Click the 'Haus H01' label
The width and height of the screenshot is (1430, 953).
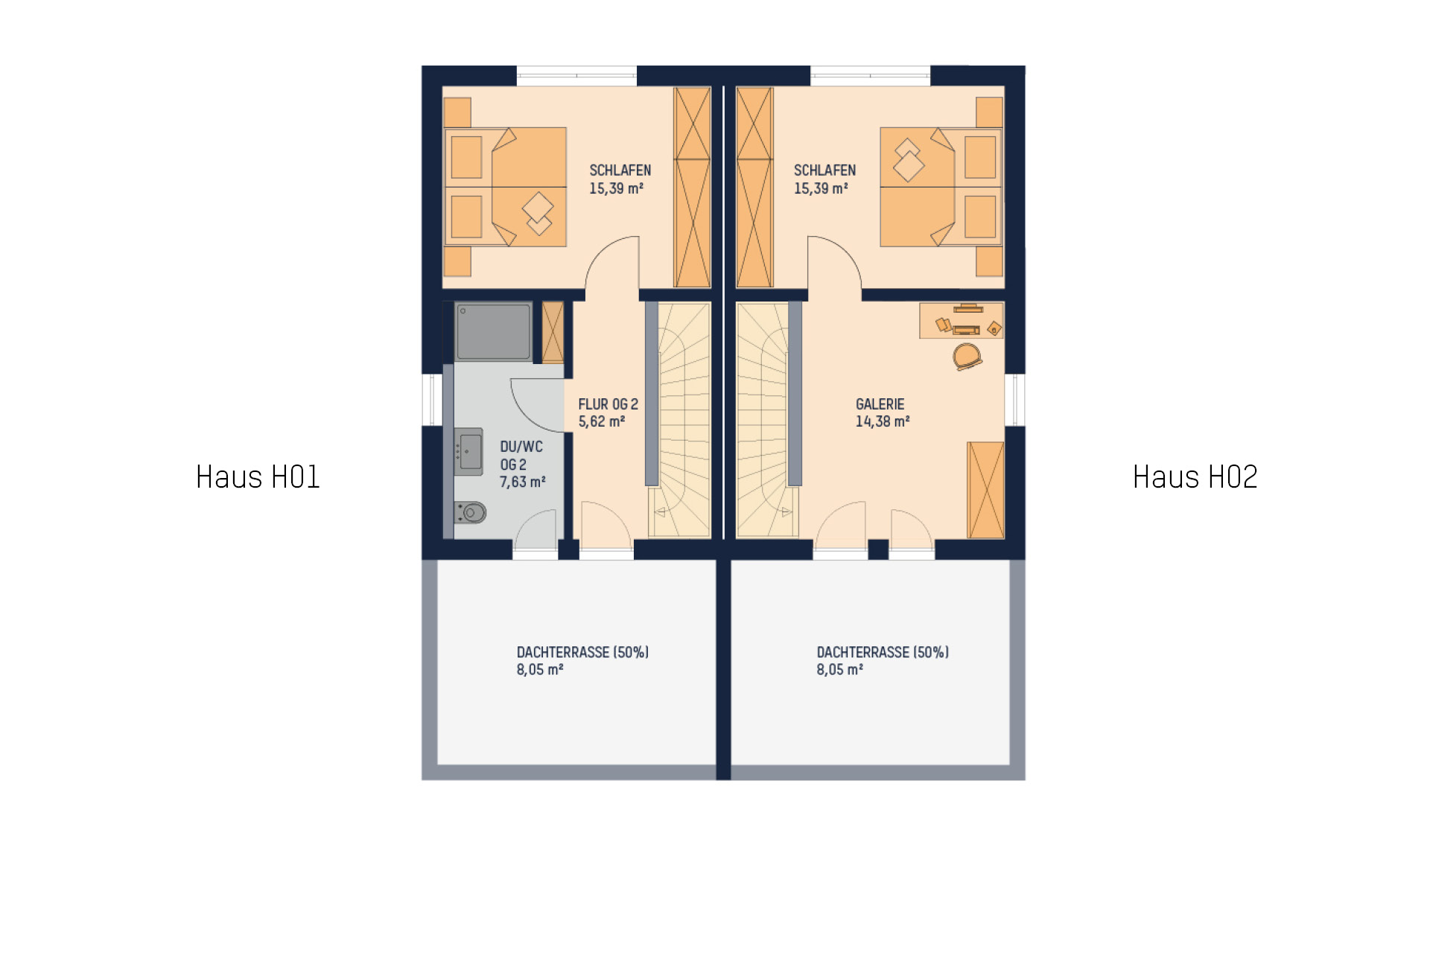258,477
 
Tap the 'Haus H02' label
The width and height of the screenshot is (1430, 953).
1195,477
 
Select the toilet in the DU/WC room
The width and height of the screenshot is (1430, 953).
470,512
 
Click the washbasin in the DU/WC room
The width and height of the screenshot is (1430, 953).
468,452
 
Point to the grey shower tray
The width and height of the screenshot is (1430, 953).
493,331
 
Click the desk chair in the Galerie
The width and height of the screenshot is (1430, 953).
967,357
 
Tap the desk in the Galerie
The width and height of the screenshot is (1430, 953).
962,320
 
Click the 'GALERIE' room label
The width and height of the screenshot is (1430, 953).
880,404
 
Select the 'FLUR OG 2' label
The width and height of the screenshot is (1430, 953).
608,404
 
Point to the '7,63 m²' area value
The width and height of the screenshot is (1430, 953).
522,482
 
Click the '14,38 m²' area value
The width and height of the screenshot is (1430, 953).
883,421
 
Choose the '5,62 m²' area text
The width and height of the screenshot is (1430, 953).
601,421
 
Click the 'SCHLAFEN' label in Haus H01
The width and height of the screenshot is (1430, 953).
620,170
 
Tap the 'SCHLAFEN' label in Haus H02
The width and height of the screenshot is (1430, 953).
824,170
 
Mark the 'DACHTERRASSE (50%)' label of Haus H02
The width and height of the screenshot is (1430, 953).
883,652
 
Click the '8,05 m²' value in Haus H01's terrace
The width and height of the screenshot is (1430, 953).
539,669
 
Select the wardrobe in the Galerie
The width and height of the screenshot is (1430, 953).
985,490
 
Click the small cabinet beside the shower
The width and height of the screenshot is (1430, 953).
553,332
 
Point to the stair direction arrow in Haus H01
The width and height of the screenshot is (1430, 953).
660,512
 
